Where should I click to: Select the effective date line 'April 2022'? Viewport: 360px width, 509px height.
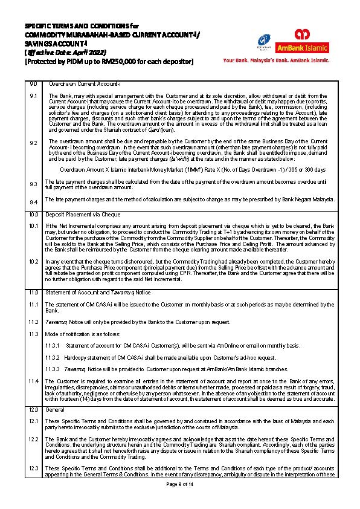click(59, 53)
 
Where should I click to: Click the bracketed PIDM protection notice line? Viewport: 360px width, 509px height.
click(109, 61)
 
